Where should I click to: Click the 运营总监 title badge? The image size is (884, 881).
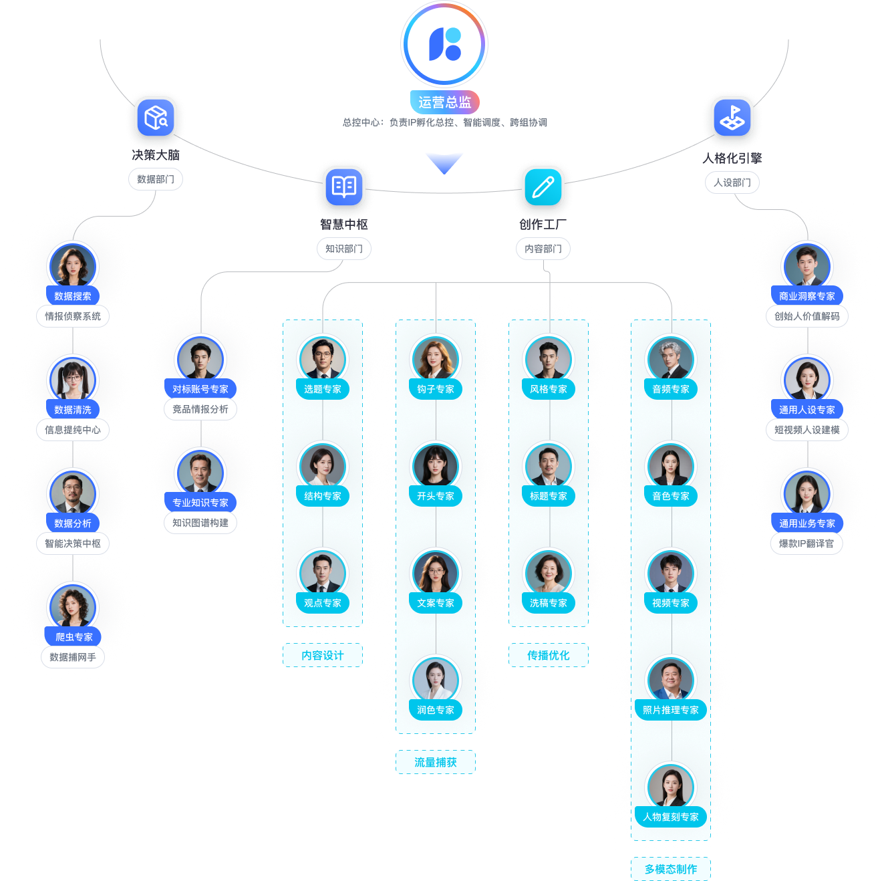tap(444, 102)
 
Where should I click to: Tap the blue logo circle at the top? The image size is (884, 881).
tap(444, 44)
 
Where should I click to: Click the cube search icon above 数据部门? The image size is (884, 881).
tap(156, 118)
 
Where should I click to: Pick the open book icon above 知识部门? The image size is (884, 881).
tap(344, 187)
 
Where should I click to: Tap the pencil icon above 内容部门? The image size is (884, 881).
tap(543, 187)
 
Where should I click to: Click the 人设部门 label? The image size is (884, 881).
tap(732, 182)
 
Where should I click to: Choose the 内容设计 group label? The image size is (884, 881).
tap(323, 656)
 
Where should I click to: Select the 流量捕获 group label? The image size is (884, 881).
tap(436, 763)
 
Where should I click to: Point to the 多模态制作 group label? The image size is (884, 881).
tap(671, 870)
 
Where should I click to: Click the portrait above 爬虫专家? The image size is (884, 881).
tap(73, 606)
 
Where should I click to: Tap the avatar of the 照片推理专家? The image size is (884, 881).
tap(671, 679)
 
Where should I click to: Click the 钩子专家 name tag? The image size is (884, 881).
tap(436, 389)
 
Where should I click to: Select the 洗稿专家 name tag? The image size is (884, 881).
tap(549, 603)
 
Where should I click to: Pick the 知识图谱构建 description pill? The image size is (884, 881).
tap(200, 523)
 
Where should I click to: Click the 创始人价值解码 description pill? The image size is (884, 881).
tap(807, 316)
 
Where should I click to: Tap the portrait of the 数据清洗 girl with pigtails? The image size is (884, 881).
tap(73, 379)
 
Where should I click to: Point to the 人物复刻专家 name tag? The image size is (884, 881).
tap(671, 817)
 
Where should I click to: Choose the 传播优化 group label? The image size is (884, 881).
tap(549, 656)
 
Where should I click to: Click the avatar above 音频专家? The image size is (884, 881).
tap(671, 358)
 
